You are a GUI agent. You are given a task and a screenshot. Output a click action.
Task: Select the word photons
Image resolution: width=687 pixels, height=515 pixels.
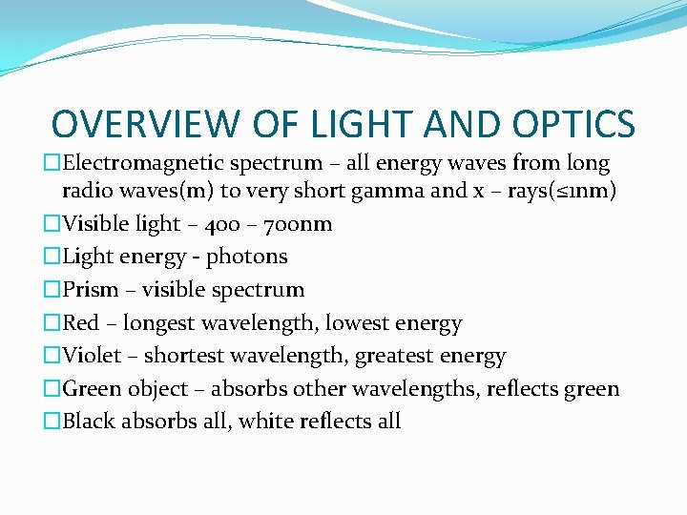click(x=247, y=257)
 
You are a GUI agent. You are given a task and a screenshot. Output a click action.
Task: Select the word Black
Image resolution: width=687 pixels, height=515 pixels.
click(x=91, y=422)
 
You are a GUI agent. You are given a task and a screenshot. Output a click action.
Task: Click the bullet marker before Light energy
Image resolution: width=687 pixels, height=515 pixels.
click(x=52, y=257)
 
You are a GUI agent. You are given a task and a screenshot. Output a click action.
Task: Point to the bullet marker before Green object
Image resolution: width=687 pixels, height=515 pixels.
click(x=52, y=389)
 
